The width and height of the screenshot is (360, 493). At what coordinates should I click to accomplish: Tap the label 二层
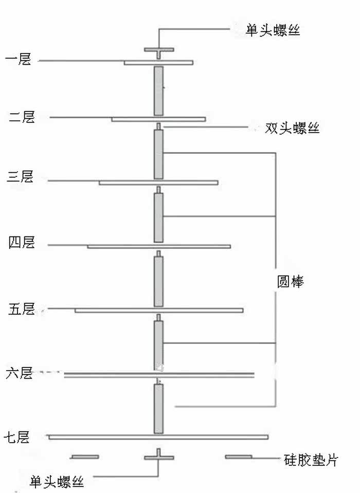22,117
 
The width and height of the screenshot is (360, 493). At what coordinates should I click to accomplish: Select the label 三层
20,178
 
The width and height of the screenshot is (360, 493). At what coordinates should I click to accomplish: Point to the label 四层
22,242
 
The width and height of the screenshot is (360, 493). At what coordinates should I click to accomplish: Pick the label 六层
20,373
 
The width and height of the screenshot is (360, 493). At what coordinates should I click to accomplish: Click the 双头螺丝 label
292,128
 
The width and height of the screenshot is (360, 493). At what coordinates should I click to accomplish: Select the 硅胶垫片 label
311,460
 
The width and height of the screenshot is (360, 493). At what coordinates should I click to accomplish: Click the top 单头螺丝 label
273,30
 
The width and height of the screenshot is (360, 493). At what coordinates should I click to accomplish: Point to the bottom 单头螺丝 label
57,482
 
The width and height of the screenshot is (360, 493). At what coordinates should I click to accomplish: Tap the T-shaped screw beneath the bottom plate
159,456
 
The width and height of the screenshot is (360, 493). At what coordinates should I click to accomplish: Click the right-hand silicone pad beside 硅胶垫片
239,457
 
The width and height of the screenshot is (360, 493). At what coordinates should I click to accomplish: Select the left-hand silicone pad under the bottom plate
85,457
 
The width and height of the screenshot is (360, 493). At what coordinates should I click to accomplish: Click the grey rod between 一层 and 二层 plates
159,90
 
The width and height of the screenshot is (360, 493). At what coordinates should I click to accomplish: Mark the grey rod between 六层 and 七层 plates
159,409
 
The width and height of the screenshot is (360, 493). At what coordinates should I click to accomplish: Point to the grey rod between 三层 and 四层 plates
159,217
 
